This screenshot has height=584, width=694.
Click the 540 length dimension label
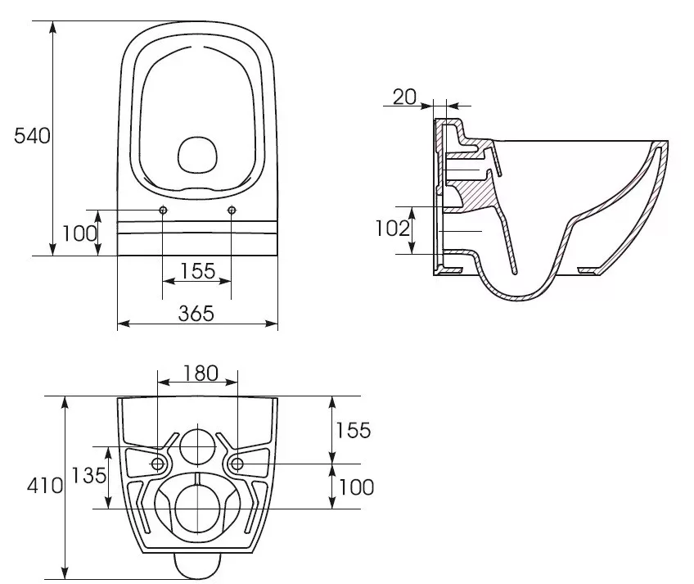[x=32, y=136]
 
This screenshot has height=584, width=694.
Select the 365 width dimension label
[x=196, y=313]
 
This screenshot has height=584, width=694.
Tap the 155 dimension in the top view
[x=198, y=271]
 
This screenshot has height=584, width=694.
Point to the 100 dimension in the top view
[x=79, y=233]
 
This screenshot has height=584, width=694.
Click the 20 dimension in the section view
[x=404, y=97]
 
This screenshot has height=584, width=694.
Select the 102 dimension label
[x=393, y=229]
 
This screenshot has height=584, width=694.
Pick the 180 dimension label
[x=201, y=373]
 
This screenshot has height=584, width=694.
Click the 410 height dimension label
[x=45, y=486]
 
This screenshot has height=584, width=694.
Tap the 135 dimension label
[x=89, y=475]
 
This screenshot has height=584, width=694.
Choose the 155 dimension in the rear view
[x=354, y=430]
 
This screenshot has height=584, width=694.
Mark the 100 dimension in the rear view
[x=356, y=487]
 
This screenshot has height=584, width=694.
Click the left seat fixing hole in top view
[x=163, y=210]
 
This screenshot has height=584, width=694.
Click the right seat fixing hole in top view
[x=232, y=210]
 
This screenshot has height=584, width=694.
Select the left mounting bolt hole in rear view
[x=158, y=464]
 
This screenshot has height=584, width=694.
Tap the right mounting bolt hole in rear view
[x=237, y=464]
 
